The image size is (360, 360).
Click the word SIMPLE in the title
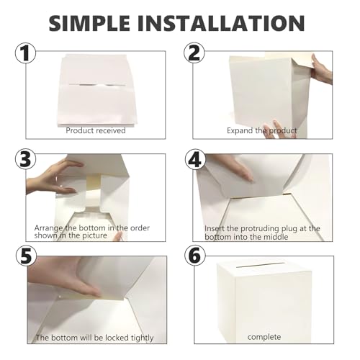(x=94, y=22)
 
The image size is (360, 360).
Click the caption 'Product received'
(x=96, y=130)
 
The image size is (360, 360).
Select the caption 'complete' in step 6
(x=264, y=336)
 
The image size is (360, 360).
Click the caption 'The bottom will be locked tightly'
(x=94, y=337)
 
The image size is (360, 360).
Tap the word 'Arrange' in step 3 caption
(x=48, y=228)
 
